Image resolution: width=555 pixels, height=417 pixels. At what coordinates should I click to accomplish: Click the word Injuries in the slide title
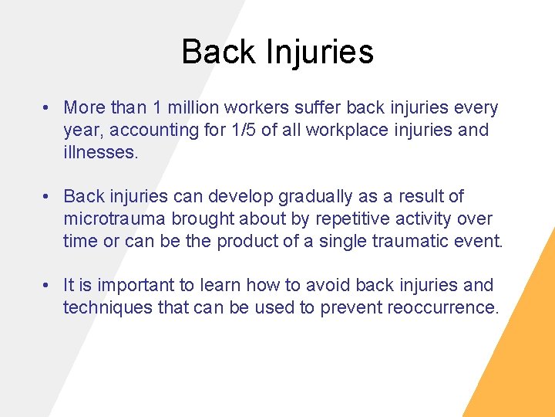[319, 53]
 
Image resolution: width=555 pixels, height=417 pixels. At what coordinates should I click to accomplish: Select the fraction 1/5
[240, 131]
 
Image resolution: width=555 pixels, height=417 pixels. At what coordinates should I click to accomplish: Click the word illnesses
[99, 152]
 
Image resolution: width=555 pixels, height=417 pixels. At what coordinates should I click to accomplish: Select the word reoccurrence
[442, 307]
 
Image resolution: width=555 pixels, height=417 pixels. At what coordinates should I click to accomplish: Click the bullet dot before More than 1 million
[47, 108]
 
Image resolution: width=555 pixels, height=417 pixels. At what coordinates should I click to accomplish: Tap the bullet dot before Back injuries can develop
[47, 197]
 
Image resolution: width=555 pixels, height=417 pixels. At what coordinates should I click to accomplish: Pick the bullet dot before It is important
[47, 286]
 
